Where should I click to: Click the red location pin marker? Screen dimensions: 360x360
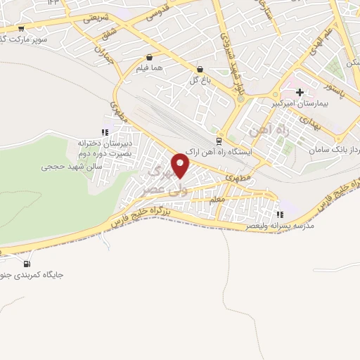(x=181, y=166)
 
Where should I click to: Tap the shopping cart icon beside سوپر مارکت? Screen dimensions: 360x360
(x=21, y=29)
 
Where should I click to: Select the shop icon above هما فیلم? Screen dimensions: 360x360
(x=149, y=58)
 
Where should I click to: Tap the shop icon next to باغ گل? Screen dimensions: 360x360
(x=201, y=70)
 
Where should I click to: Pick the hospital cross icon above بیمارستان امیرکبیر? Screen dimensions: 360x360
(x=300, y=92)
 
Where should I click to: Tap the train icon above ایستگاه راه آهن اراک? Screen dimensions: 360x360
(x=218, y=139)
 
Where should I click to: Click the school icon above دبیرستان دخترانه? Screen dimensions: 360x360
(x=104, y=131)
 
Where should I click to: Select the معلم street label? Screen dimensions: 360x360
(x=218, y=200)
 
